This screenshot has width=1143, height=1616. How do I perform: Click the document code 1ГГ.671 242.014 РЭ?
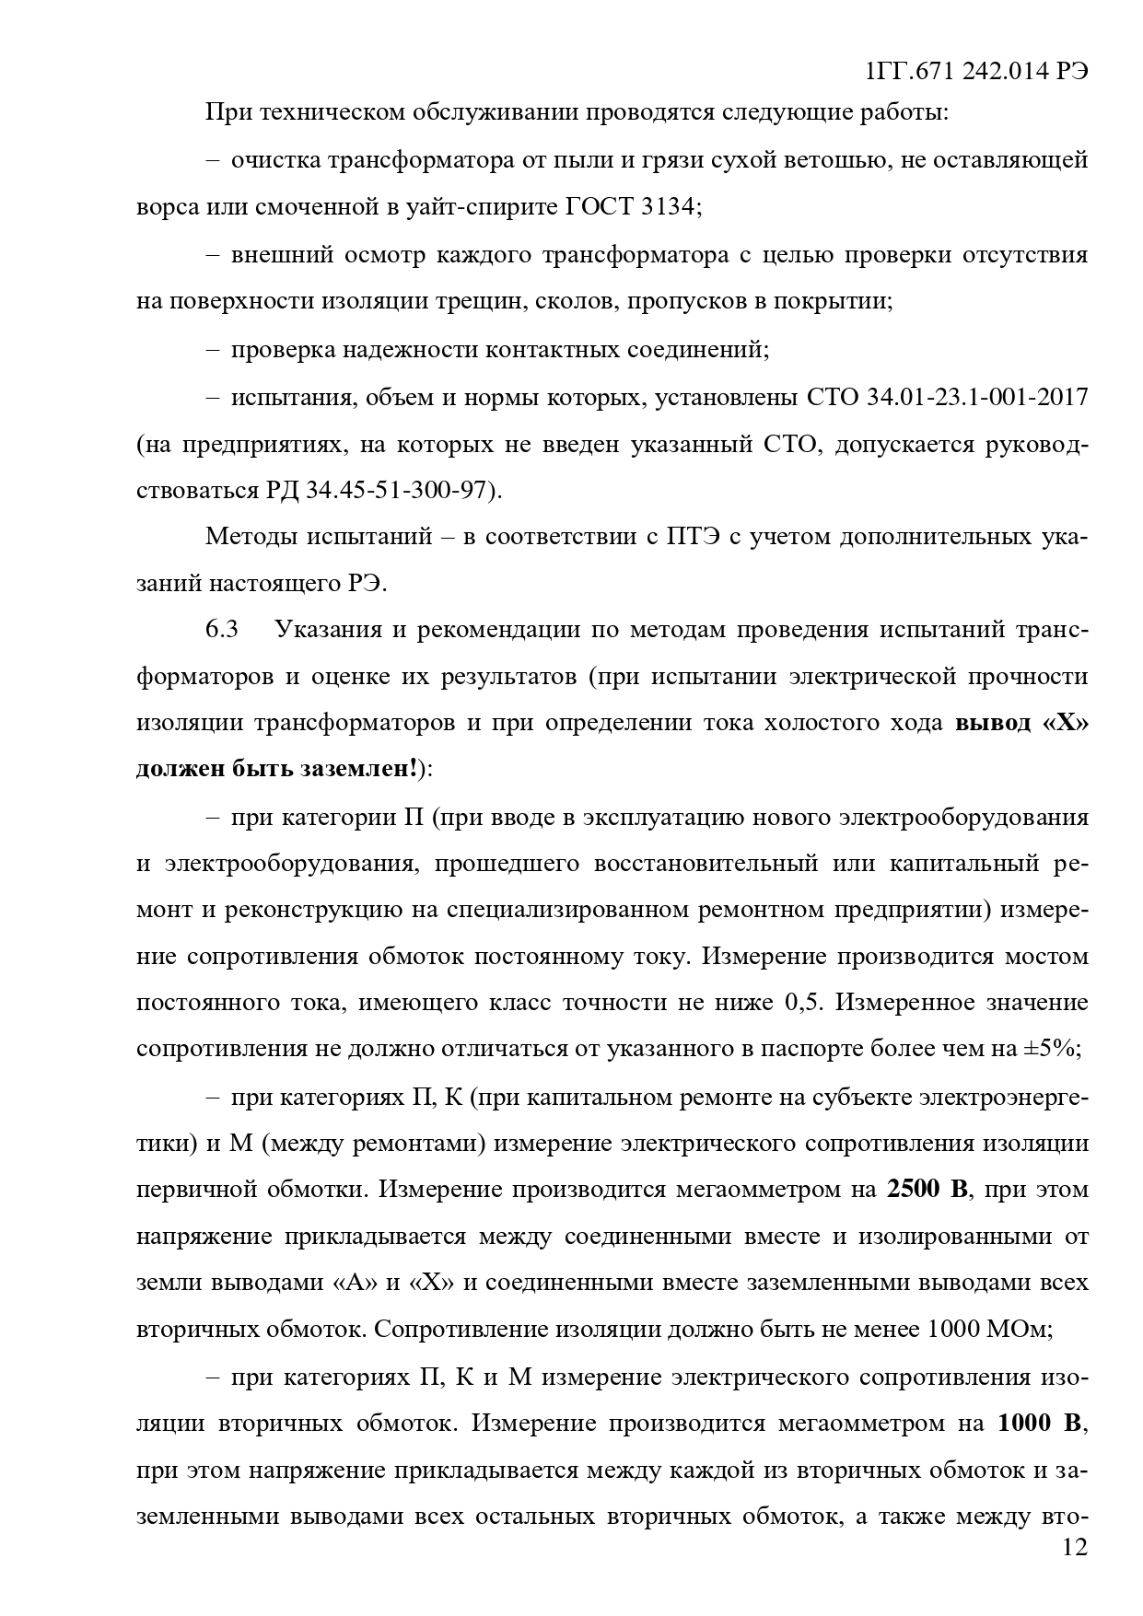(x=977, y=72)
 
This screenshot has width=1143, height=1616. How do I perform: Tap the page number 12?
(x=1074, y=1547)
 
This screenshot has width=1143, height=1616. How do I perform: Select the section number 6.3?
(x=222, y=630)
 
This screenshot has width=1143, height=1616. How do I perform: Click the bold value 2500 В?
(x=928, y=1189)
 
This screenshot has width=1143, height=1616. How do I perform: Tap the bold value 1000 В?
(x=1040, y=1423)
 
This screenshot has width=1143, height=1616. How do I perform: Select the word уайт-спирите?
(x=479, y=206)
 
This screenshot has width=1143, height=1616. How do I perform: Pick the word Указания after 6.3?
(x=336, y=630)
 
